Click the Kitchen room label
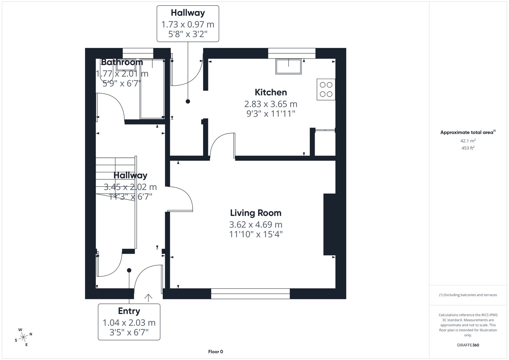tap(271, 92)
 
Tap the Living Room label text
tap(256, 213)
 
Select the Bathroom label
tap(122, 62)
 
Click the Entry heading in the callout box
tap(129, 311)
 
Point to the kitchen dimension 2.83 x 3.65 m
tap(271, 104)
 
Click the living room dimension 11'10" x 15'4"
tap(256, 234)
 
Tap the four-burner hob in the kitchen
tap(326, 89)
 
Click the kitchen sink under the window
tap(288, 66)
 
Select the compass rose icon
tap(23, 337)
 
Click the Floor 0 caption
tap(215, 352)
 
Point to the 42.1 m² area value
tap(468, 141)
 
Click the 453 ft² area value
tap(468, 148)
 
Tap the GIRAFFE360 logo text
tap(468, 345)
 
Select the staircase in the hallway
tap(115, 177)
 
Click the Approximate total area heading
tap(467, 132)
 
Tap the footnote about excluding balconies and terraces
tap(468, 295)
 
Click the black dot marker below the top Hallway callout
tap(188, 101)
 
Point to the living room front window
tap(250, 294)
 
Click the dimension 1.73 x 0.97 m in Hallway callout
tap(188, 24)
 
